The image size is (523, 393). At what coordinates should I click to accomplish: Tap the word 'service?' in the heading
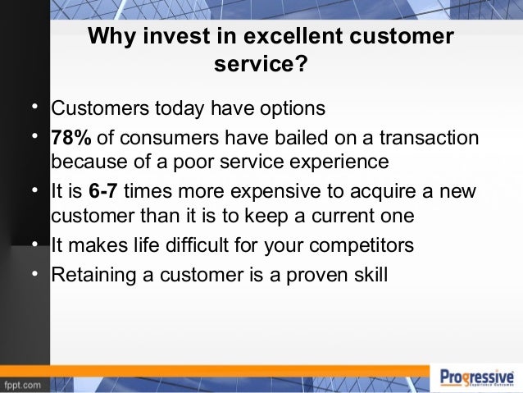click(261, 64)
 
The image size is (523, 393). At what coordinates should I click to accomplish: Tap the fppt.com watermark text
click(24, 384)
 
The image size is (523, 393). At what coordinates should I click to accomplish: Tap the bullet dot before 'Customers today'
click(35, 107)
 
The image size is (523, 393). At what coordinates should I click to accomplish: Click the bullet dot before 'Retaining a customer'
click(35, 270)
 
